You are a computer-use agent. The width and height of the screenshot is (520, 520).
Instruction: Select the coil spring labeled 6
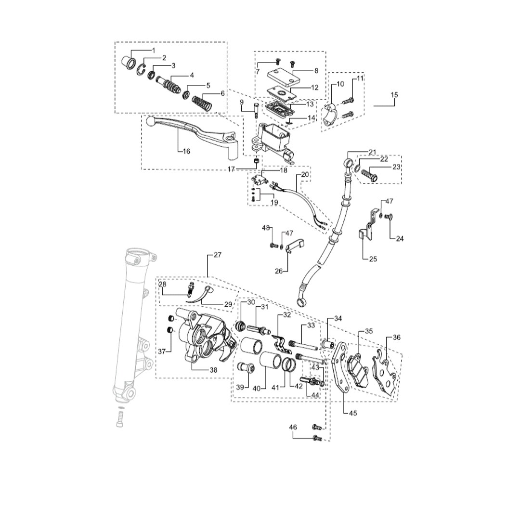pos(202,104)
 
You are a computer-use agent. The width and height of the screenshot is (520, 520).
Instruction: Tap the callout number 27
pos(218,255)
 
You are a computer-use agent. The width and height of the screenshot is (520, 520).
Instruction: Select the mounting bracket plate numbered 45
pos(340,366)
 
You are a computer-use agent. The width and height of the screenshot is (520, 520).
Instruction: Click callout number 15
pos(394,95)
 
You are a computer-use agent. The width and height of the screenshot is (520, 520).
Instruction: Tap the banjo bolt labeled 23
pos(369,175)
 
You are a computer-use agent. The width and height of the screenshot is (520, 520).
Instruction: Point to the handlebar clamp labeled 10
pos(331,115)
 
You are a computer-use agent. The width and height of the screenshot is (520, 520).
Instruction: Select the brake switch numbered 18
pos(260,180)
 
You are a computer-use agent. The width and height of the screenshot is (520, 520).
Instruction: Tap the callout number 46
pos(293,427)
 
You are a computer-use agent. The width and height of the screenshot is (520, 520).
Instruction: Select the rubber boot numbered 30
pos(240,326)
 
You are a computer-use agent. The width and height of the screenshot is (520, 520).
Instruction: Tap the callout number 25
pos(373,259)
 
